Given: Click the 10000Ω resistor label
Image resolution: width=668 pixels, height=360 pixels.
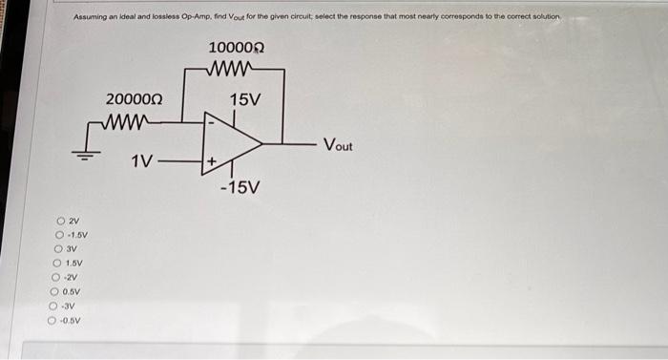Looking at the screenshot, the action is [x=236, y=48].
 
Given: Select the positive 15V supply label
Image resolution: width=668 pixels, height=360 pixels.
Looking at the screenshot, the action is [x=246, y=98].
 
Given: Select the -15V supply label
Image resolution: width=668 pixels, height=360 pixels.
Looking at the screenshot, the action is [x=239, y=187].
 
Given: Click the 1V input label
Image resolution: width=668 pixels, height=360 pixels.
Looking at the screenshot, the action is [x=142, y=162].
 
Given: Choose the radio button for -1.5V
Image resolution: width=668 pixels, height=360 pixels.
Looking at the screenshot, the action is [x=59, y=236].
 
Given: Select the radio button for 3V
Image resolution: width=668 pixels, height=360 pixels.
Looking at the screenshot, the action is [x=58, y=249].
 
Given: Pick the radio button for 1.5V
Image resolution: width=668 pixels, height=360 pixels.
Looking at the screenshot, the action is [x=57, y=264].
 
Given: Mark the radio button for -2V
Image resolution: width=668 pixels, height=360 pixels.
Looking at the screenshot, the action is [x=56, y=278].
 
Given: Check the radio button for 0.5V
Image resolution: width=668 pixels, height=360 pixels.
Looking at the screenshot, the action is [x=55, y=292].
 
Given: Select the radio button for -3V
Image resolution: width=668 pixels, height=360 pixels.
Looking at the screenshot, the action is [x=54, y=307].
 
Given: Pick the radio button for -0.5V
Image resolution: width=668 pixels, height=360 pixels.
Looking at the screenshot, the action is [x=53, y=321].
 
